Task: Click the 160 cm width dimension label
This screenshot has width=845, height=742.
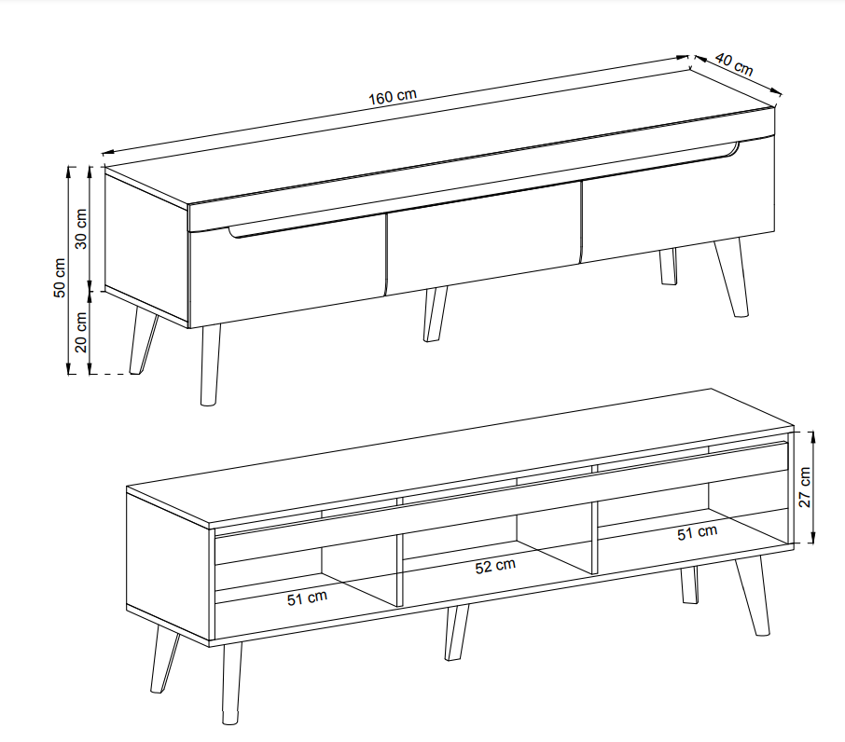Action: pyautogui.click(x=393, y=97)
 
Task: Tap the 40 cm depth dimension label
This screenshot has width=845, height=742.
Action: pyautogui.click(x=734, y=64)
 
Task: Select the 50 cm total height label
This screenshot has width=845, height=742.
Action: pyautogui.click(x=60, y=278)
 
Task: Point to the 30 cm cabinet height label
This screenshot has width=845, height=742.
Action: pyautogui.click(x=81, y=228)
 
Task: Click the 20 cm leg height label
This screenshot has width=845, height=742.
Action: pyautogui.click(x=81, y=332)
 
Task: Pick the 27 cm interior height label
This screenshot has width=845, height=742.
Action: pyautogui.click(x=805, y=488)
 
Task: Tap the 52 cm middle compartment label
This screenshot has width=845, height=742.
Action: pyautogui.click(x=495, y=566)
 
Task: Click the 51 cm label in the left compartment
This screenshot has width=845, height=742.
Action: pyautogui.click(x=307, y=598)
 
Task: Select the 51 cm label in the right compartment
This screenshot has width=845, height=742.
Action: pyautogui.click(x=698, y=532)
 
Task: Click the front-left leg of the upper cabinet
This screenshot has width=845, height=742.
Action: pyautogui.click(x=210, y=364)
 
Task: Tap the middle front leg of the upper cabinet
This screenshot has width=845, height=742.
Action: pyautogui.click(x=435, y=314)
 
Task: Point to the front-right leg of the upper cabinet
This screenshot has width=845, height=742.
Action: pyautogui.click(x=732, y=278)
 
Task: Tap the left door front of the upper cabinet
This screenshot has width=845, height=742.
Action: pyautogui.click(x=288, y=271)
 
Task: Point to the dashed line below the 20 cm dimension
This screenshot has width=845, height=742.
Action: pyautogui.click(x=111, y=374)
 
